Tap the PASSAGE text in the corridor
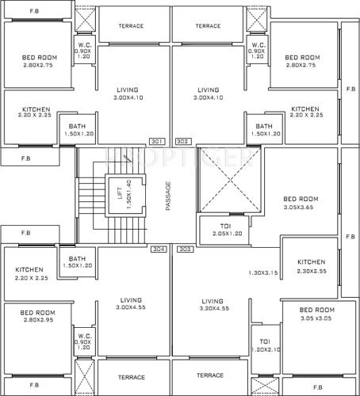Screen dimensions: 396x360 tap(167, 195)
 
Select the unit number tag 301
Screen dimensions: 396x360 tap(156, 142)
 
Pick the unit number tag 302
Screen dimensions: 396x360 tap(182, 142)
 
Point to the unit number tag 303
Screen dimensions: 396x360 tap(186, 249)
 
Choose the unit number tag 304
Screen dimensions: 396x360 tap(159, 249)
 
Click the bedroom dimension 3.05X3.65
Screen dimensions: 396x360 tap(301, 208)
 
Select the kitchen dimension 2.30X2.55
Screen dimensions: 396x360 tap(311, 272)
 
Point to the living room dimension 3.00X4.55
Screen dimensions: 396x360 tap(131, 310)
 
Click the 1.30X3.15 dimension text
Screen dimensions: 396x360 tap(263, 272)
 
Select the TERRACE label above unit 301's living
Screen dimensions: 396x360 tap(131, 25)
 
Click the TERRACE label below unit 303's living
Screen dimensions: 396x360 tap(210, 375)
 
